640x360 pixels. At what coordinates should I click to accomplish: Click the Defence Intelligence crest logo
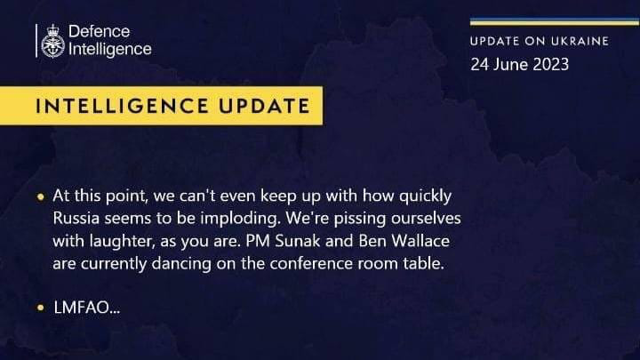click(x=53, y=41)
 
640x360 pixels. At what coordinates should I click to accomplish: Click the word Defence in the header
click(x=100, y=31)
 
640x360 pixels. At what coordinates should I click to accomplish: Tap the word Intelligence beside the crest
click(x=110, y=50)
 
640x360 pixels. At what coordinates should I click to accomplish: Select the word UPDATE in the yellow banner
click(x=264, y=106)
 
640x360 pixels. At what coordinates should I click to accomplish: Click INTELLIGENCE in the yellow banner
click(x=122, y=106)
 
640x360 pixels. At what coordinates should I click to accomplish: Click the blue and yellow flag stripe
click(x=555, y=21)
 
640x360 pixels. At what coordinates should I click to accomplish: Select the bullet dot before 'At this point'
click(x=40, y=197)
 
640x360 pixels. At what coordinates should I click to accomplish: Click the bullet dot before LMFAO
click(x=40, y=308)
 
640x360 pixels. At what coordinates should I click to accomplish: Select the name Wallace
click(x=420, y=241)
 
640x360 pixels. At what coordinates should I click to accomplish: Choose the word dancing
click(x=181, y=264)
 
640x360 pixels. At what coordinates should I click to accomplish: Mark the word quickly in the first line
click(x=425, y=196)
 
